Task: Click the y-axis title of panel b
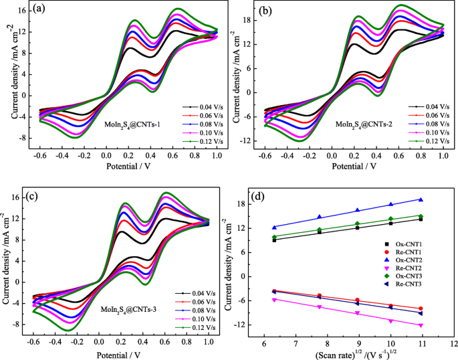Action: [x=235, y=74]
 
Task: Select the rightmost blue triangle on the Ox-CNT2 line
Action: [x=439, y=199]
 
